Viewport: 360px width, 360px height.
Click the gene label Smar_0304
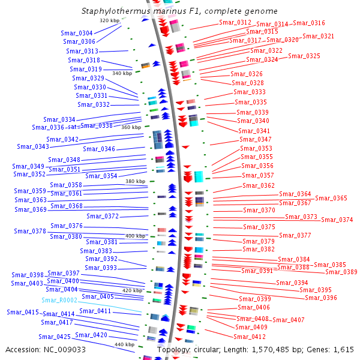77,33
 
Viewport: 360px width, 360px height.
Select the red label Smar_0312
235,23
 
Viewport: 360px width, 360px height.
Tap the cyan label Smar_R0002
59,301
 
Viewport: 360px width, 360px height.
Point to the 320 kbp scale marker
110,20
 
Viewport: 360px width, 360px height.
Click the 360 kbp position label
131,127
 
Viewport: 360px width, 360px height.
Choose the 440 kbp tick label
124,344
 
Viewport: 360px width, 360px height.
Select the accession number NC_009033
65,350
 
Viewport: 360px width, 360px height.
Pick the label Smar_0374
337,220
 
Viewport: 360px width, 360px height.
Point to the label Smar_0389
341,272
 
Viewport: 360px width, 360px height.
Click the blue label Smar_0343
33,147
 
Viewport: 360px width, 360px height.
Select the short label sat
73,127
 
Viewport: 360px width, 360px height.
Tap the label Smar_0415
23,312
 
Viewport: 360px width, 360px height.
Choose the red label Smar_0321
318,36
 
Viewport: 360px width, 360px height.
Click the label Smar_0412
250,337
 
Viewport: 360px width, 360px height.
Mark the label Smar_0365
331,198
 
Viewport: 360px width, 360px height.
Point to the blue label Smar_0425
55,337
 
